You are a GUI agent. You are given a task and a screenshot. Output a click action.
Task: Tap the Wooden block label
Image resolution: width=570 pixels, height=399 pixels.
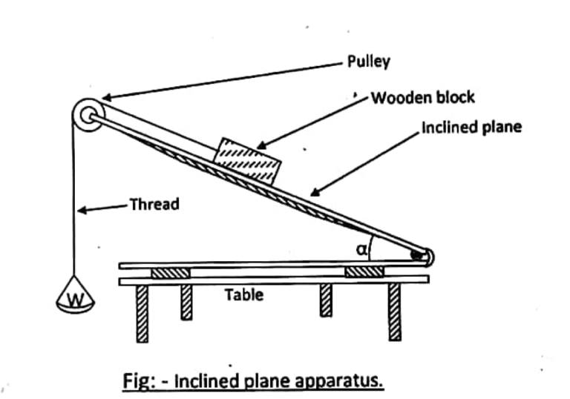point(422,98)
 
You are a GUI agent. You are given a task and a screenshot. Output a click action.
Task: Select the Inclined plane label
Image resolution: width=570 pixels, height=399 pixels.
point(471,127)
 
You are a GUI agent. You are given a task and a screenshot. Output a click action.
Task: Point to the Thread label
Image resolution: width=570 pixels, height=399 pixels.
point(154,204)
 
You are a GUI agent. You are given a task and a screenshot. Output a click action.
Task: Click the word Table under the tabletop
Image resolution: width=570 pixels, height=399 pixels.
point(244,294)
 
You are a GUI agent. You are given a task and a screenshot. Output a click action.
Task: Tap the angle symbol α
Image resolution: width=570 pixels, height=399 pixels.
point(361,251)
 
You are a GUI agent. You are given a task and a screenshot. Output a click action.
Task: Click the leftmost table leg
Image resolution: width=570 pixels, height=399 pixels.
point(142,313)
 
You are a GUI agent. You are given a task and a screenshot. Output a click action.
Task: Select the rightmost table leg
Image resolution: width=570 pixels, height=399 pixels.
point(395,312)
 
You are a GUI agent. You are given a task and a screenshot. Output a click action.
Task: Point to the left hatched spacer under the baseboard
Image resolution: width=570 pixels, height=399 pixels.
point(171,273)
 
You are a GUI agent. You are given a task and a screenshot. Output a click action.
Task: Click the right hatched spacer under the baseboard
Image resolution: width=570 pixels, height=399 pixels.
point(364,273)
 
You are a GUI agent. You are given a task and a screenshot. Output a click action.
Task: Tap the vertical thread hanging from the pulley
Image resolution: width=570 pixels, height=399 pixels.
point(76,200)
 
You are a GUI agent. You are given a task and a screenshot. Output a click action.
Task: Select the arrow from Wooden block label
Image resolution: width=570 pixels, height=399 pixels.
point(311,122)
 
